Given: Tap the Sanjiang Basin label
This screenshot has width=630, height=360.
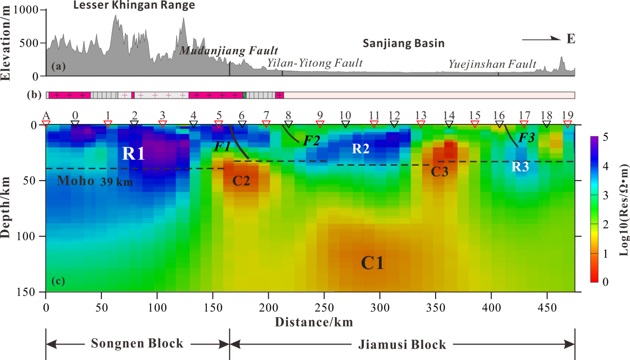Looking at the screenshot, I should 404,43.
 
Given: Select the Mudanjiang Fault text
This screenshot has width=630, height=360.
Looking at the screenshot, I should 229,51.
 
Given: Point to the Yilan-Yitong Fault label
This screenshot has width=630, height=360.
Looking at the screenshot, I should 315,63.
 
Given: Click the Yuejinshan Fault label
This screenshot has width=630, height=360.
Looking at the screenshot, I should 493,64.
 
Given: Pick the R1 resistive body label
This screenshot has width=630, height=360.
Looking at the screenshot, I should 133,153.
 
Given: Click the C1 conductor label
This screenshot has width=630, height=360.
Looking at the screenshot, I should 372,262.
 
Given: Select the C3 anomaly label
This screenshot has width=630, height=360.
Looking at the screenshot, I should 440,172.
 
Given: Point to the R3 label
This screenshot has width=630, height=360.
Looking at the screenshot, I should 520,166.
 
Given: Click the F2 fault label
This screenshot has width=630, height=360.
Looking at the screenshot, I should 311,139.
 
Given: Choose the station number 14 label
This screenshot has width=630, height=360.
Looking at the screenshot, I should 449,115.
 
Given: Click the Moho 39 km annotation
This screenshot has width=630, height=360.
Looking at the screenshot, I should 95,181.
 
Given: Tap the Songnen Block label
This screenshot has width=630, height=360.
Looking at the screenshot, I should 137,344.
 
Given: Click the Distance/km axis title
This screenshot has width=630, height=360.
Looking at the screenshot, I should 314,322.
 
